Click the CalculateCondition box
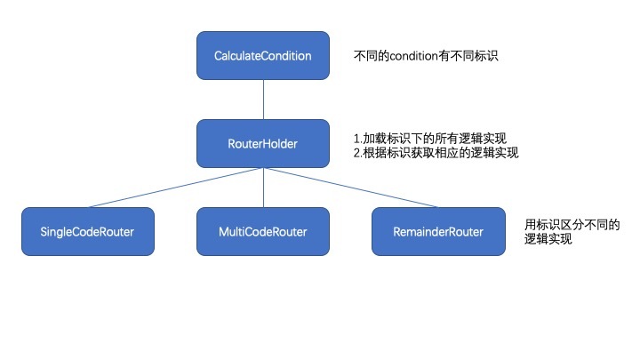click(x=263, y=55)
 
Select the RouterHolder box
click(x=263, y=142)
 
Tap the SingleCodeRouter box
click(x=87, y=231)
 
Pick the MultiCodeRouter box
click(x=263, y=231)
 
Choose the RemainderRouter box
click(x=439, y=231)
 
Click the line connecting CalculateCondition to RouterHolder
click(x=263, y=98)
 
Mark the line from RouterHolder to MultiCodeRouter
click(x=263, y=187)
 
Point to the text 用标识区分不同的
click(x=572, y=224)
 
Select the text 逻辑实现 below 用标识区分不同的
click(x=548, y=238)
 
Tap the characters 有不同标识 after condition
click(x=474, y=56)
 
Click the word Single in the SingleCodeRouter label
click(x=58, y=232)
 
